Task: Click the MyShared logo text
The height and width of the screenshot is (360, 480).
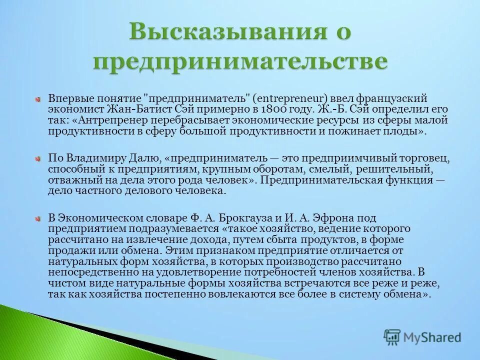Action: pyautogui.click(x=431, y=337)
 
